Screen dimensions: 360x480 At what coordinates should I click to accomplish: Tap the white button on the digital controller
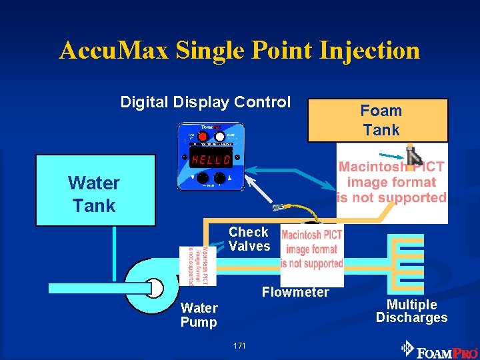[x=219, y=136]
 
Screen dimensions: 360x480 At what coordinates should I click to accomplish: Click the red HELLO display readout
[x=210, y=161]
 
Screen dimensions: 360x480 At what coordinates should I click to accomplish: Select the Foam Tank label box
[x=378, y=121]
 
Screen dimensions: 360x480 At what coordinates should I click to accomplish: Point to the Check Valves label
[x=249, y=239]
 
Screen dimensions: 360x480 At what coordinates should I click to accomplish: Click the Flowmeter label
[x=295, y=292]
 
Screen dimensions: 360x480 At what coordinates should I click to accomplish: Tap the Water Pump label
[x=199, y=315]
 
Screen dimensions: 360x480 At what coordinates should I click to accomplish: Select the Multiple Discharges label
[x=411, y=311]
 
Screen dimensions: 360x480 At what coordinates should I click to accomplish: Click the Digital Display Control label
[x=205, y=102]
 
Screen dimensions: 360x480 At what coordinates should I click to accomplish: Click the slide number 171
[x=240, y=345]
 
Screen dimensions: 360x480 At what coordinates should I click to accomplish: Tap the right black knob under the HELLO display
[x=226, y=178]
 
